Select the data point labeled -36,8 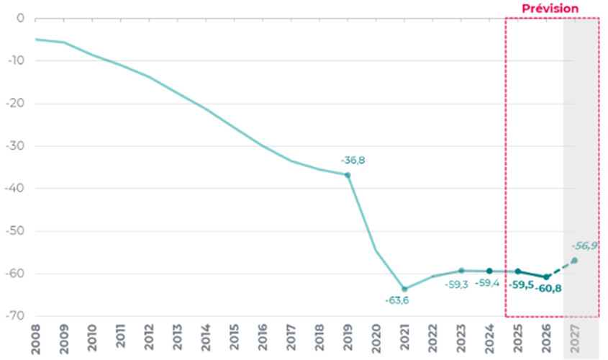(348, 175)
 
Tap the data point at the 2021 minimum (404, 289)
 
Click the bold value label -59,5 (521, 285)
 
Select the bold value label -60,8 (548, 289)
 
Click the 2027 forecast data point (574, 260)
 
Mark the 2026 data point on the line (546, 276)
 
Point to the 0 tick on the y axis (21, 18)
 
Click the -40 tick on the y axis (17, 189)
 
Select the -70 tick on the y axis (17, 316)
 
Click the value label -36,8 (353, 161)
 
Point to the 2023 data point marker (461, 271)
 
